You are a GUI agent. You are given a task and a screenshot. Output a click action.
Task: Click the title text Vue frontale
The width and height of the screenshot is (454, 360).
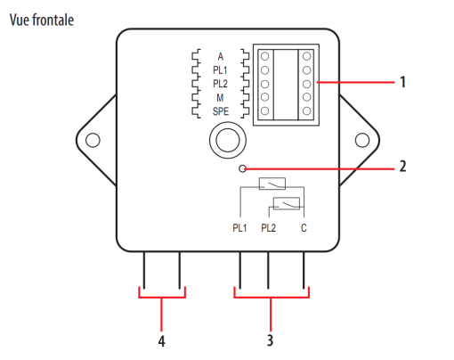point(42,20)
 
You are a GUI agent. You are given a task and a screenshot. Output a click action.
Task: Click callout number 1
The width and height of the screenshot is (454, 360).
point(402,82)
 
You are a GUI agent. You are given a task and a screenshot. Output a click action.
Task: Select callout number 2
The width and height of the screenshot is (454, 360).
point(402,167)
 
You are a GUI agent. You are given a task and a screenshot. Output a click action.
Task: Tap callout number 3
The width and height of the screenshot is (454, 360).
point(270,340)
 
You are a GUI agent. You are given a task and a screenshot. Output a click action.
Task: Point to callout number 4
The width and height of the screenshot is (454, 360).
point(161,341)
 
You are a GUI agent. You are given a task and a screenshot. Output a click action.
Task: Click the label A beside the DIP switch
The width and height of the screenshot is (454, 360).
point(220,56)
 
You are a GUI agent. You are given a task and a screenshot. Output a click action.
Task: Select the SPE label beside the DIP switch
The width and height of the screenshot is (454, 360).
point(221,111)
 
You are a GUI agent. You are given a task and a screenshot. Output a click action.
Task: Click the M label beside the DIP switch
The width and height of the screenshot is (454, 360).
point(220,98)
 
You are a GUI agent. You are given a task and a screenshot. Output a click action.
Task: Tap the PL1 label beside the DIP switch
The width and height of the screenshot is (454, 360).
point(220,70)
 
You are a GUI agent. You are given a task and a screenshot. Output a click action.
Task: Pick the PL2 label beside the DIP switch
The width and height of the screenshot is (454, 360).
point(220,84)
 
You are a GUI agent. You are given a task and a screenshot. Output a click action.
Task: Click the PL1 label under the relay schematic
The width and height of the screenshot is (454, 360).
point(239,228)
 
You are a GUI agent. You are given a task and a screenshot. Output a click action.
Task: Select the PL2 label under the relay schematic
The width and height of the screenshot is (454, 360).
point(268,228)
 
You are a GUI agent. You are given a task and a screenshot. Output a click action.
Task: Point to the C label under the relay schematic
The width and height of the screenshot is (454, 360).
point(304,228)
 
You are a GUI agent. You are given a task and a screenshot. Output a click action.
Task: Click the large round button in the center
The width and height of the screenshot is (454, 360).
point(228,140)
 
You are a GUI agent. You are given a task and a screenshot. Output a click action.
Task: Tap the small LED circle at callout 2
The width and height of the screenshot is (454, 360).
point(242,169)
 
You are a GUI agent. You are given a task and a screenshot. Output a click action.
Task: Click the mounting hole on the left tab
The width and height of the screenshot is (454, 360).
point(93,140)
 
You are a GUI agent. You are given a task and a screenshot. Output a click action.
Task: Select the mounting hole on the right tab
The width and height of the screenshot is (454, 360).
point(362,140)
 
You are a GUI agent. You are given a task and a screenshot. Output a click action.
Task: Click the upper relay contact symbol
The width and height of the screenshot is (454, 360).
point(272,184)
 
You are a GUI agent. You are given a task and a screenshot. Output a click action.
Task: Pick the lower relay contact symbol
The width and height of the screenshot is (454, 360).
point(287,204)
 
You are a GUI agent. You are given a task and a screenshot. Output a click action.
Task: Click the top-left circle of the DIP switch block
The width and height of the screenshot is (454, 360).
point(265,56)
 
